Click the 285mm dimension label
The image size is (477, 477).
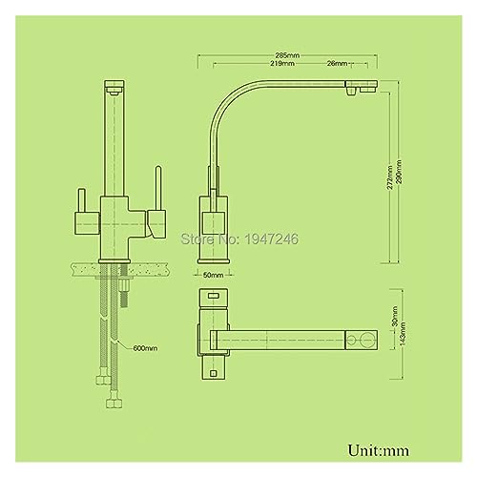pos(287,55)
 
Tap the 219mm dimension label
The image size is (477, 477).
pos(282,63)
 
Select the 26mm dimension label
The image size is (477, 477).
pos(337,63)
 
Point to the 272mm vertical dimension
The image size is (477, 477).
pos(390,177)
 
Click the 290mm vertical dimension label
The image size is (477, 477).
pos(399,172)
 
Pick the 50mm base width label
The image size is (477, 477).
pos(213,275)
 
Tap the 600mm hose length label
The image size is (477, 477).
pos(145,348)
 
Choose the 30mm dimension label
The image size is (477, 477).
pos(395,317)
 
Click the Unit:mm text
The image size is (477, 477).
pos(379,450)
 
